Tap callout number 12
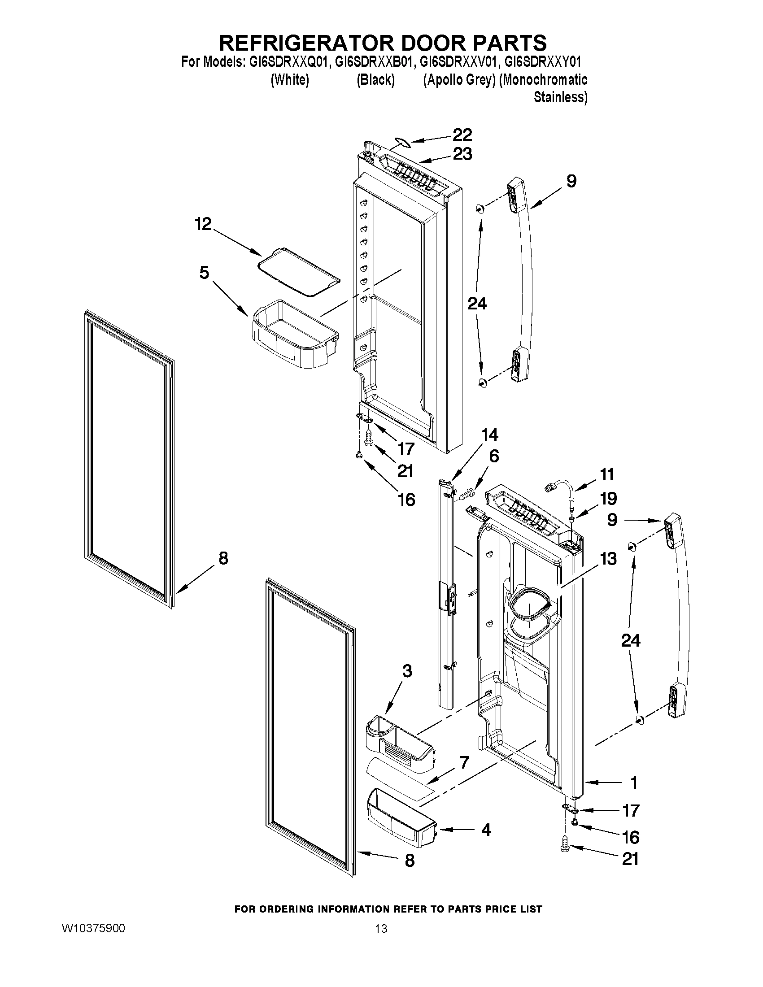203,224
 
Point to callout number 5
204,273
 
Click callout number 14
489,435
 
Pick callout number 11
607,474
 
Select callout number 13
608,559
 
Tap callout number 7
464,762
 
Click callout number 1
634,782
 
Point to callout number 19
608,499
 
